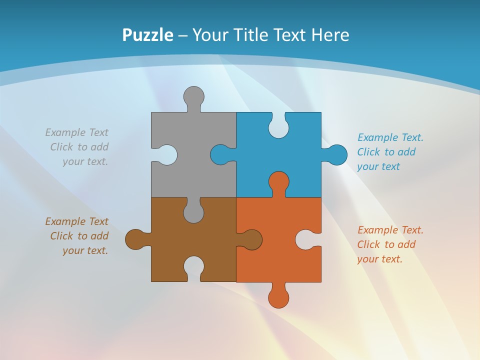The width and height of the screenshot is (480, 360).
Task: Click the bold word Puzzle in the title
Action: pos(147,35)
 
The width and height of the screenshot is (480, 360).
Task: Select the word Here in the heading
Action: pos(330,35)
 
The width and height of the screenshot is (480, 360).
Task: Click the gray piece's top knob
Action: pos(194,96)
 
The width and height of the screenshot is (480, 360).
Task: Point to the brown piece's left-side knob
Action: pos(135,239)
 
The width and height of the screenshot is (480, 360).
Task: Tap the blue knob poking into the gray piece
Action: pos(220,154)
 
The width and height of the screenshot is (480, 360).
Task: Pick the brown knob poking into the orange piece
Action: pos(252,239)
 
